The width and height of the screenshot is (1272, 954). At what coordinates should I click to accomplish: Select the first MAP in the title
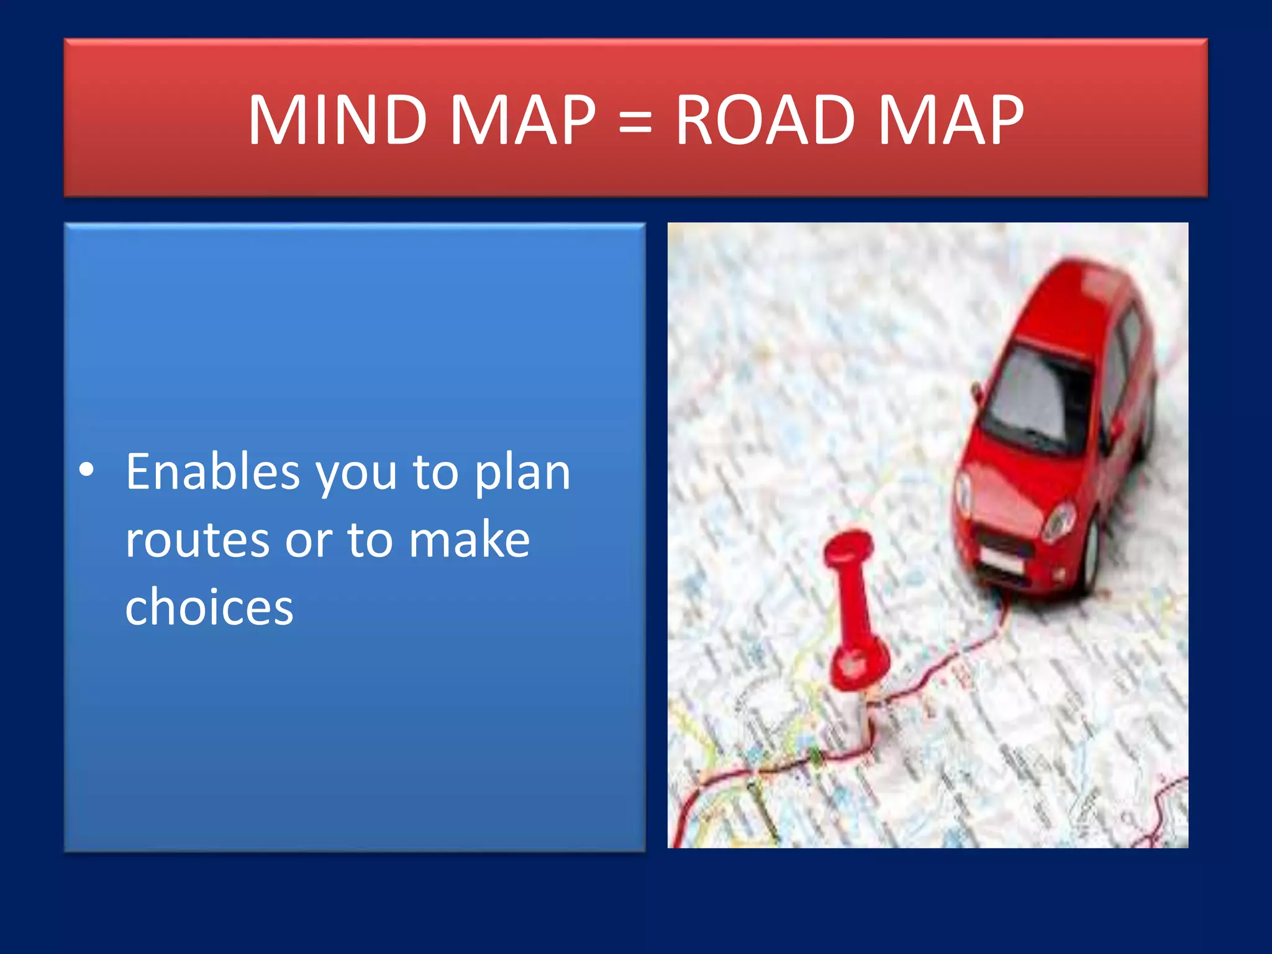point(522,119)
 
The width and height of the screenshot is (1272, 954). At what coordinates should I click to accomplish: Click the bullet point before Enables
point(87,471)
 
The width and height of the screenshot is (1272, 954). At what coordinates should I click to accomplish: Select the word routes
point(197,539)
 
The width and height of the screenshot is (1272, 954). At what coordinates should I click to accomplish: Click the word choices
point(209,606)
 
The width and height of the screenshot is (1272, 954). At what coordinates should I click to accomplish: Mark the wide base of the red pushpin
point(860,665)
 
